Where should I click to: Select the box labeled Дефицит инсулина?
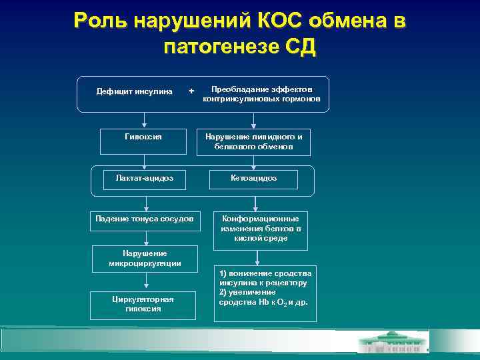[x=134, y=91]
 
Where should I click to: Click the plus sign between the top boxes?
[x=192, y=91]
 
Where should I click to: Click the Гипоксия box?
[x=143, y=137]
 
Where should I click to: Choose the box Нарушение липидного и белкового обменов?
[x=253, y=141]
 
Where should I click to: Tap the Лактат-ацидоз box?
[x=143, y=178]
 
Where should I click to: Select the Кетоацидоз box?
[x=253, y=178]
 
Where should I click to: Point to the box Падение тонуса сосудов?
[x=145, y=219]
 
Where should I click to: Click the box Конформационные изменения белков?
[x=260, y=229]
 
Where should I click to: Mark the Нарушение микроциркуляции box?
[x=145, y=259]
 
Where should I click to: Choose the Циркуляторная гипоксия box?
[x=143, y=304]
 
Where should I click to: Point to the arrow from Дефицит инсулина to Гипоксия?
[x=145, y=115]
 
